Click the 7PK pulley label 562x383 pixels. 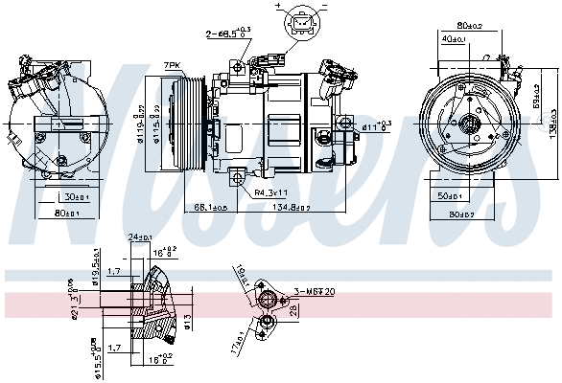173,65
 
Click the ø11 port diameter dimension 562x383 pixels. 376,125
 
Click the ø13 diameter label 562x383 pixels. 187,318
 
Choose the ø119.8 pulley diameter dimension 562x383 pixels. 141,123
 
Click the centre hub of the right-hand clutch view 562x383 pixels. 471,124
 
